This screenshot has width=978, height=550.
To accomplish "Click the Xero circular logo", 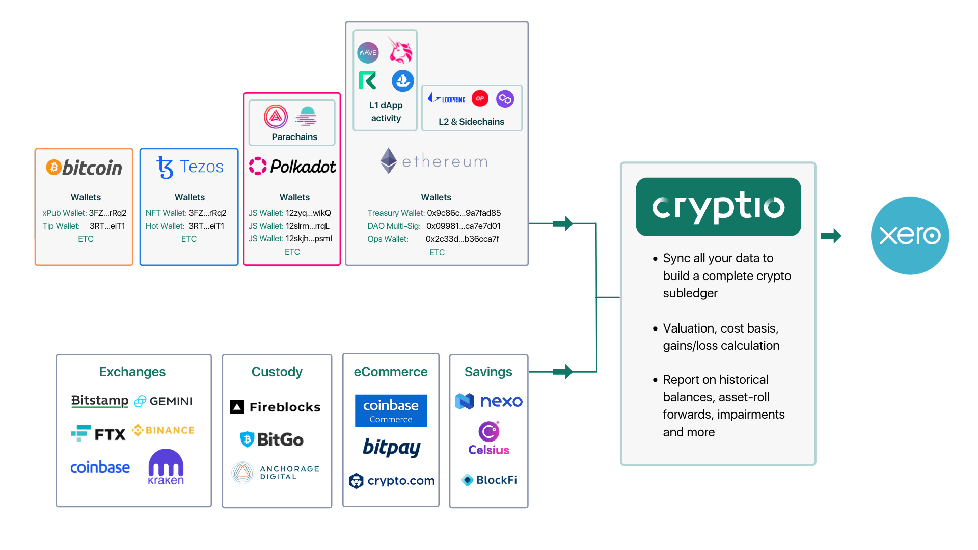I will click(910, 235).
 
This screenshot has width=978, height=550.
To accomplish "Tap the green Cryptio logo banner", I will click(718, 207).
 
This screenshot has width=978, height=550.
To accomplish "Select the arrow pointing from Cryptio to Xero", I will click(831, 236).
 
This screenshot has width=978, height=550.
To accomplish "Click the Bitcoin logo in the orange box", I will click(85, 168).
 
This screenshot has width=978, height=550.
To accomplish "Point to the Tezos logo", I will click(189, 167).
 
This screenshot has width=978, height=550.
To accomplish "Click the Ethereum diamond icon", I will click(389, 161).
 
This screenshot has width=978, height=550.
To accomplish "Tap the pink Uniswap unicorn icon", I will click(400, 50).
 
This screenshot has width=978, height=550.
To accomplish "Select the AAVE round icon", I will click(368, 52).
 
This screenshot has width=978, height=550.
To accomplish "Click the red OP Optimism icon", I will click(480, 98).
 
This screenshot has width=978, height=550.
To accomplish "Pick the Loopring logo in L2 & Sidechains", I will click(447, 99).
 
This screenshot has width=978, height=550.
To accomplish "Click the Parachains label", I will click(294, 137).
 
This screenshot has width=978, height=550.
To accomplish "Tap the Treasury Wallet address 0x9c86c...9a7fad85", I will click(464, 213).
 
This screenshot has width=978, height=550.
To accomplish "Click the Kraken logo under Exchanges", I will click(166, 467).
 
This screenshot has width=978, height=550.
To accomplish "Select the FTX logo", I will click(99, 434).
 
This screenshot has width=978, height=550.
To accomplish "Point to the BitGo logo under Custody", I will click(272, 439).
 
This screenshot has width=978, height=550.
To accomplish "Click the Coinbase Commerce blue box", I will click(391, 410).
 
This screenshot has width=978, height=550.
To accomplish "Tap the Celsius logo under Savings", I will click(489, 438).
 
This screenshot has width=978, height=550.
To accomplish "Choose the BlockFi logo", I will click(490, 480).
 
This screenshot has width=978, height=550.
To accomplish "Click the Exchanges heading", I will click(132, 372).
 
